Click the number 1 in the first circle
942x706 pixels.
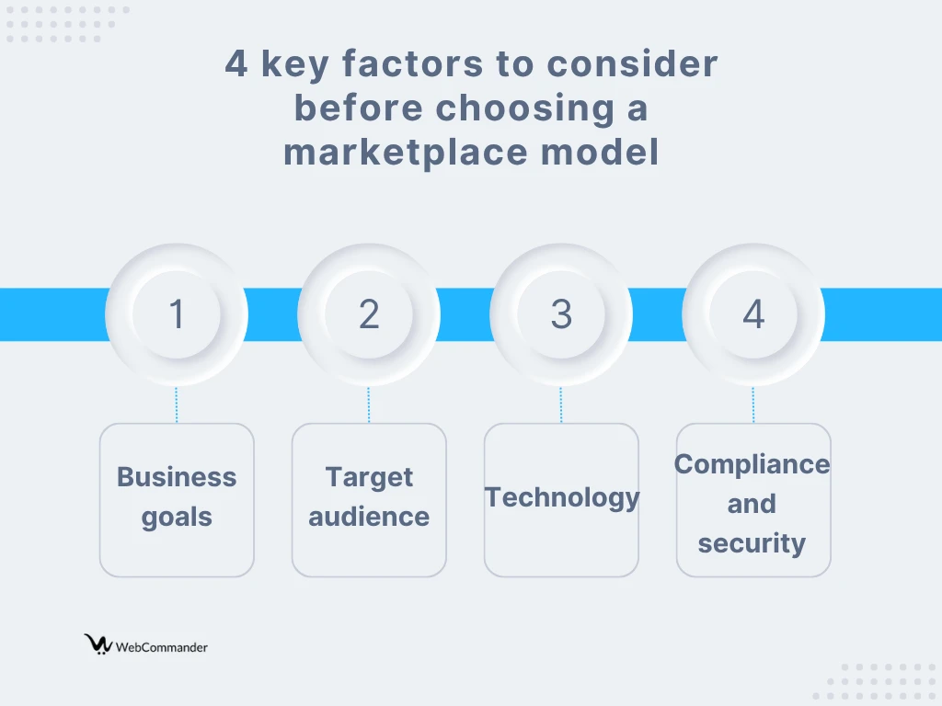tap(177, 313)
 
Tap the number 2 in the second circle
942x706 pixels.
tap(369, 313)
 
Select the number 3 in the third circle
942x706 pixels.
tap(561, 313)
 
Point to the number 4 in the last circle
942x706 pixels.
tap(753, 313)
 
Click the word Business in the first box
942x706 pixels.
tap(177, 477)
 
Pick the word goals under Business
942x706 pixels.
tap(177, 518)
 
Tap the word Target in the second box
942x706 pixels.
tap(369, 478)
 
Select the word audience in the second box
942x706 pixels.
tap(369, 517)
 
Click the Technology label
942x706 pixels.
tap(562, 498)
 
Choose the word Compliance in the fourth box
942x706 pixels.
tap(752, 464)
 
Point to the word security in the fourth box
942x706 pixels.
tap(752, 543)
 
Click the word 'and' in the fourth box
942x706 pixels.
tap(752, 504)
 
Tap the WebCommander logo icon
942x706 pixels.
tap(98, 643)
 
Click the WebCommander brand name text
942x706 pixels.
tap(162, 647)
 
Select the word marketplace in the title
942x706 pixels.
tap(406, 153)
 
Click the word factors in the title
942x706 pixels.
tap(413, 63)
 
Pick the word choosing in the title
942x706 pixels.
tap(524, 108)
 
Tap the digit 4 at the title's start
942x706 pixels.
tap(236, 63)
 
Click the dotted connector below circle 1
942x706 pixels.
tap(177, 405)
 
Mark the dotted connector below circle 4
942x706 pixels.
tap(753, 405)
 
